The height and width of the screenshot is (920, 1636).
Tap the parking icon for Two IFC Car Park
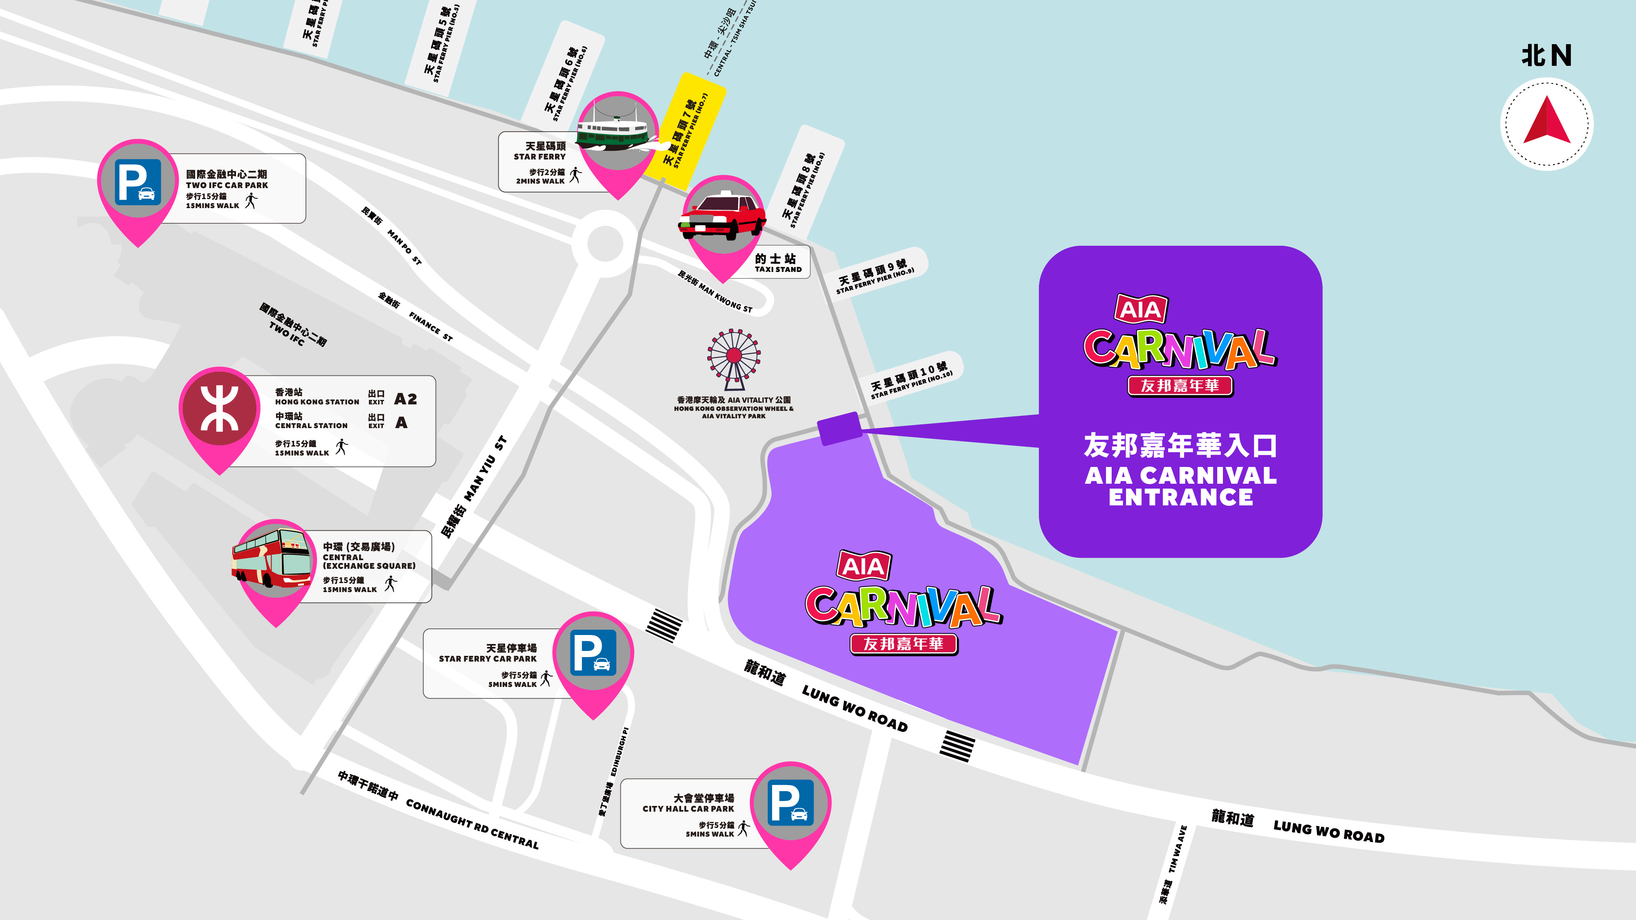pyautogui.click(x=138, y=182)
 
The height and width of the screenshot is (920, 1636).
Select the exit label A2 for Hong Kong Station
pyautogui.click(x=405, y=399)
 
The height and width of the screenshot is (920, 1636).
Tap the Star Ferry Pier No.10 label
pyautogui.click(x=911, y=380)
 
